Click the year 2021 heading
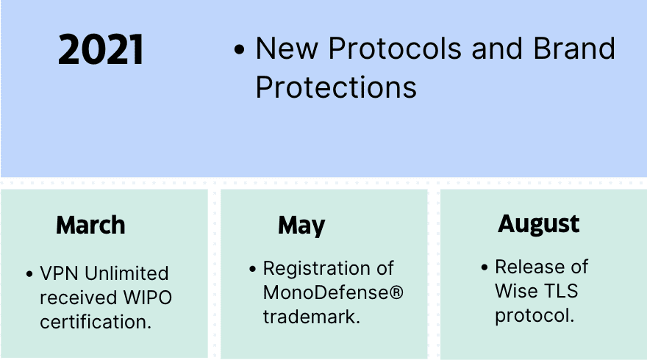click(x=101, y=50)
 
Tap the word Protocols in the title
click(x=395, y=48)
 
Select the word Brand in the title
click(x=574, y=48)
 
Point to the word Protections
click(x=336, y=87)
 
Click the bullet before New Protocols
click(x=239, y=50)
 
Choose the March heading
click(x=90, y=225)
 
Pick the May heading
click(x=301, y=226)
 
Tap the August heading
click(x=538, y=225)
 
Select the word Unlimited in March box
click(x=126, y=273)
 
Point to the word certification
click(x=96, y=322)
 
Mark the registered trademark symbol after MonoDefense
click(x=396, y=292)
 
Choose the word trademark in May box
click(x=312, y=317)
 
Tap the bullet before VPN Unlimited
click(x=29, y=274)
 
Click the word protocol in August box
click(x=535, y=317)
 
